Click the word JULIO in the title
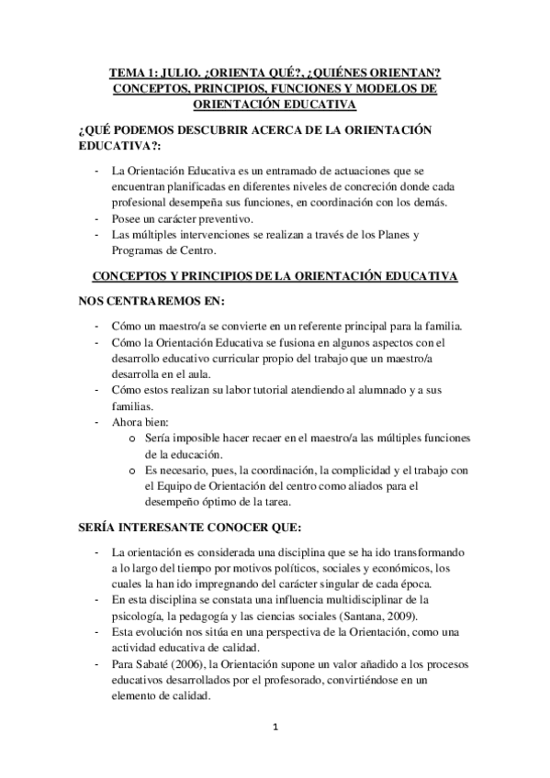tap(176, 71)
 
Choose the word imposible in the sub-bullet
tap(192, 439)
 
